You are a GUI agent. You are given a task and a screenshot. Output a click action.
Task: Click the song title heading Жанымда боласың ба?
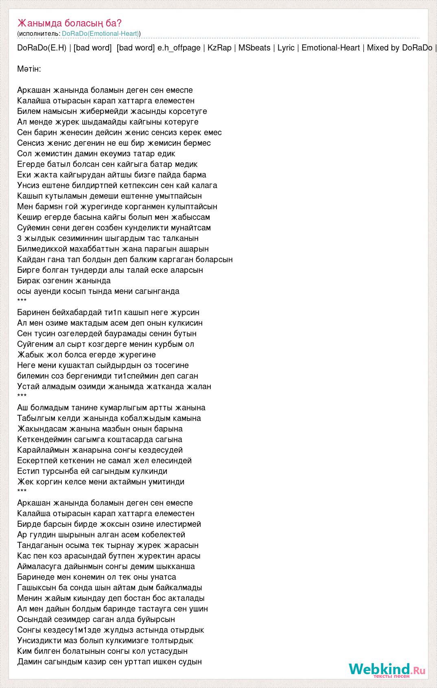pos(70,23)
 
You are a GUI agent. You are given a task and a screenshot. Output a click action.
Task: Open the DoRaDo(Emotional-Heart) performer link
pos(101,34)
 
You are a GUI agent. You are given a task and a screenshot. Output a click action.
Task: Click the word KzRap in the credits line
pos(219,48)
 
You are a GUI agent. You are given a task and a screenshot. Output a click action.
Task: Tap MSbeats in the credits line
pos(254,48)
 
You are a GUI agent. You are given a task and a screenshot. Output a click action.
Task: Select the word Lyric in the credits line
pos(286,48)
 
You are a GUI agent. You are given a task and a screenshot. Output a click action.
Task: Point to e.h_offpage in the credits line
pos(179,48)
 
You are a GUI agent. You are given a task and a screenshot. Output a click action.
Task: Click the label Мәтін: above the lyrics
pos(29,69)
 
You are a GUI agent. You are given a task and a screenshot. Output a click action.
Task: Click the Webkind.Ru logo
pos(387,670)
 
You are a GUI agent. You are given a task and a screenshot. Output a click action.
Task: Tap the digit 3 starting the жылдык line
pos(20,238)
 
